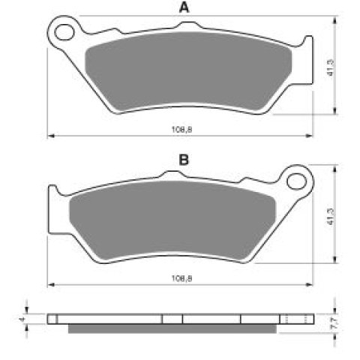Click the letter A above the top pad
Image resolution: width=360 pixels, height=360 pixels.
coord(184,7)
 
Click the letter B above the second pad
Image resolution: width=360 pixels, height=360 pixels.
coord(184,160)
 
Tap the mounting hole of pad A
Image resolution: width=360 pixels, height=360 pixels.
coord(65,32)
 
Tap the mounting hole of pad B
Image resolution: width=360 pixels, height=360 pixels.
coord(296,181)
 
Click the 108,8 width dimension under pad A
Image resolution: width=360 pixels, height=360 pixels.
coord(181,130)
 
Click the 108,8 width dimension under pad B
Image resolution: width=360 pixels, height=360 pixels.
coord(181,278)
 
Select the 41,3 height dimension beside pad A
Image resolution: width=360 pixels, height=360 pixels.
coord(331,67)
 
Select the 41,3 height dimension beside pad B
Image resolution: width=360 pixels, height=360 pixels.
coord(331,217)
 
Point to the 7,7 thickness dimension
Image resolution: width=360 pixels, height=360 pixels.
coord(335,323)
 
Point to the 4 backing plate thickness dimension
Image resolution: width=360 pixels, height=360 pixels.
coord(22,319)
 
